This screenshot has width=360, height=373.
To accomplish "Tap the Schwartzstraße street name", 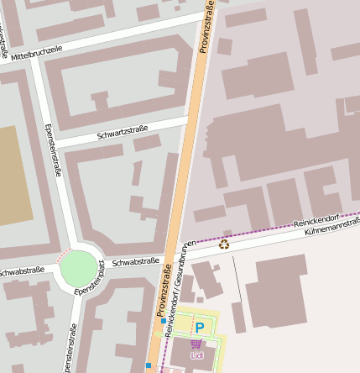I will [x=122, y=132].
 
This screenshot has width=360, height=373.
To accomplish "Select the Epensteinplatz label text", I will [x=89, y=279].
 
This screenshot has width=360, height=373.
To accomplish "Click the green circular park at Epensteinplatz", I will [x=79, y=269].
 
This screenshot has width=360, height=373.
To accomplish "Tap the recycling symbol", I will [x=224, y=244].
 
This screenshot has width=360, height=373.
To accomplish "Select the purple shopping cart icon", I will [x=196, y=344].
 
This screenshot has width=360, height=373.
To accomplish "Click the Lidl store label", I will [x=197, y=356].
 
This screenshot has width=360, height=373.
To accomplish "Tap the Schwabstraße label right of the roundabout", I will [x=135, y=262].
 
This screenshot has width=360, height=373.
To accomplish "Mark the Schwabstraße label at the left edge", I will [x=20, y=272].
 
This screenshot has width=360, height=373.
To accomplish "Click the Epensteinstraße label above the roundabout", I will [x=55, y=150].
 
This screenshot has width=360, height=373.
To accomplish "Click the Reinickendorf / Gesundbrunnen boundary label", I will [x=180, y=286].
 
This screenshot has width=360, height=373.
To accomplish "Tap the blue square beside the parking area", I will [x=163, y=320].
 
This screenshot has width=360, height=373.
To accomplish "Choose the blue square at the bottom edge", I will [x=148, y=365].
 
